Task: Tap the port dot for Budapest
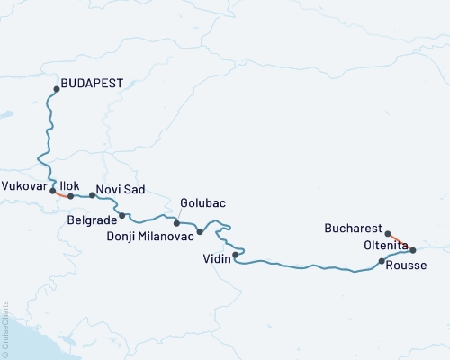[x=57, y=88]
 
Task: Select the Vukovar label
[x=24, y=187]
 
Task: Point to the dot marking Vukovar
[x=53, y=191]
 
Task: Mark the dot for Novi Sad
[x=92, y=195]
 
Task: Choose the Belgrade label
[x=92, y=219]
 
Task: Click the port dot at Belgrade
[x=121, y=216]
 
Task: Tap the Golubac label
[x=201, y=203]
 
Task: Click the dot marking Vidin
[x=235, y=256]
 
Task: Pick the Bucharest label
[x=353, y=229]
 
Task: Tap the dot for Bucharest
[x=386, y=232]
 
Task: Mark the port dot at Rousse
[x=382, y=262]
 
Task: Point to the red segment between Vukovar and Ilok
[x=61, y=193]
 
